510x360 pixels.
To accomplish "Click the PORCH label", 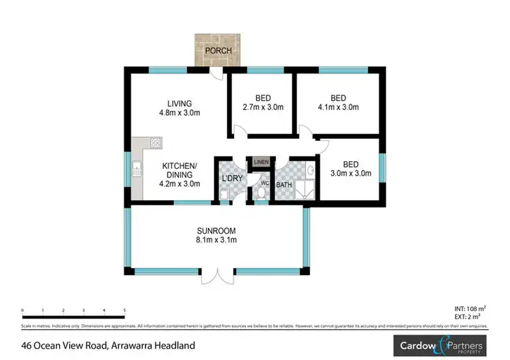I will pos(218,51).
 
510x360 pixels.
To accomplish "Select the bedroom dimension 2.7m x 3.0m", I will pos(262,108).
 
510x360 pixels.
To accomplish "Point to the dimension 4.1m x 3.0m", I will pos(337,108).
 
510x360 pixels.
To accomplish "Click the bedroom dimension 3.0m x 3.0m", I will pos(351,174).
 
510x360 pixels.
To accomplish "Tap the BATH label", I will pos(284,184).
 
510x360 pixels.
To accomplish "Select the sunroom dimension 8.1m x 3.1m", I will pos(216,240).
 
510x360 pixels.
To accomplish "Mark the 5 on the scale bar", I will pos(124,310).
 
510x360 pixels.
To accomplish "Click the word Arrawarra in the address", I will pos(138,345).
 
